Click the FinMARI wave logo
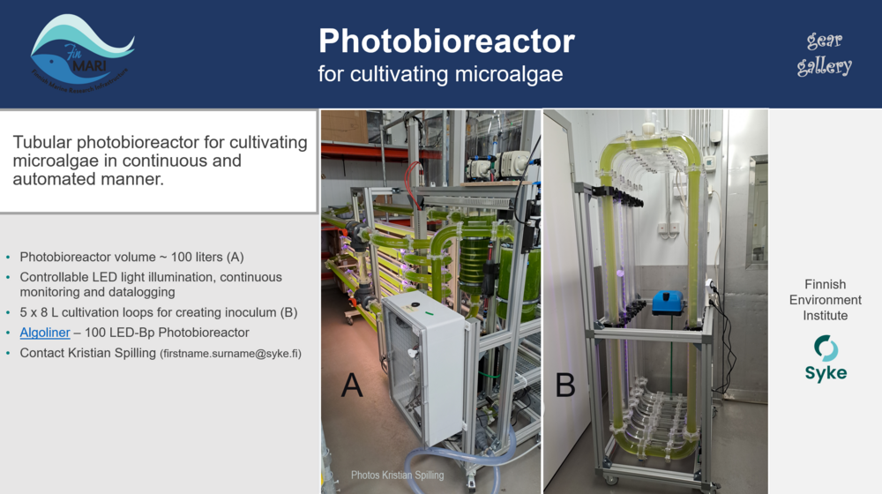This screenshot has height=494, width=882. click(x=81, y=50)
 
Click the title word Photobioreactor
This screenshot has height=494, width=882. click(x=446, y=41)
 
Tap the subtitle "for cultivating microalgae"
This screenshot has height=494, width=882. click(x=440, y=73)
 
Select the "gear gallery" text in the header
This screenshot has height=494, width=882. click(x=825, y=53)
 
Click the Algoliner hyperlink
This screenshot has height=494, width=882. click(x=45, y=333)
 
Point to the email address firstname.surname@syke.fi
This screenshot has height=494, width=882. click(x=230, y=354)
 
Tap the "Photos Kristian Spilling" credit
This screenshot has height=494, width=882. click(x=397, y=475)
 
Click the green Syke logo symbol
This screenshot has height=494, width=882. click(x=826, y=348)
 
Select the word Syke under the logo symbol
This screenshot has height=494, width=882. click(x=826, y=373)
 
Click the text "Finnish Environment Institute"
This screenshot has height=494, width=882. click(x=826, y=300)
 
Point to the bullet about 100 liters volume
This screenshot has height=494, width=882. click(x=131, y=258)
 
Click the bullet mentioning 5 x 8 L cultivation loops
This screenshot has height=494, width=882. click(x=159, y=312)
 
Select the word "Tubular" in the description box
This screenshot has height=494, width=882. click(x=41, y=142)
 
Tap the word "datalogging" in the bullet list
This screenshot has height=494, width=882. click(x=141, y=292)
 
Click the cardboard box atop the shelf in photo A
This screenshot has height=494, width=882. click(x=345, y=126)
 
